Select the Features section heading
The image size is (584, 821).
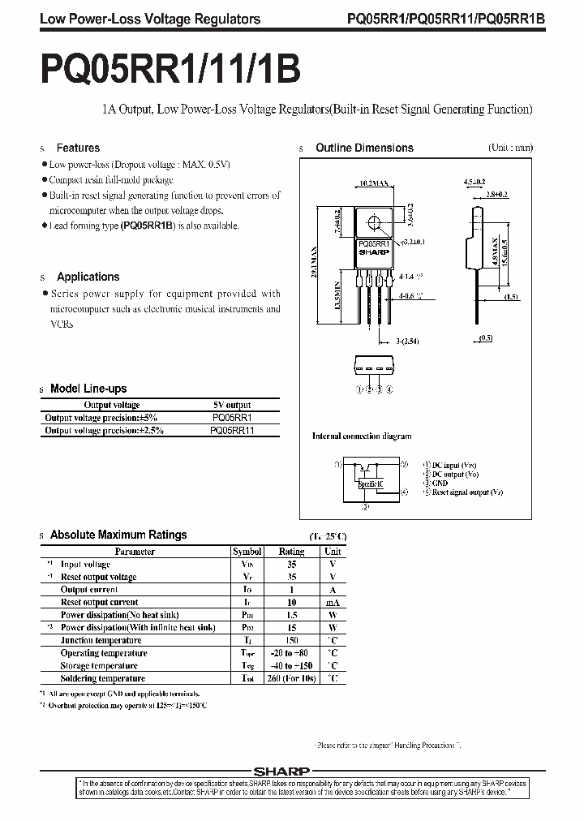click(x=78, y=148)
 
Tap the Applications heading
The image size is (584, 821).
click(x=88, y=277)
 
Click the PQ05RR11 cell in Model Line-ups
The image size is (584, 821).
click(x=232, y=430)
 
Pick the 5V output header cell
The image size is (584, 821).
click(x=232, y=405)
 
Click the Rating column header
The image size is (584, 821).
click(x=292, y=551)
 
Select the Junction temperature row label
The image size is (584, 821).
click(x=101, y=640)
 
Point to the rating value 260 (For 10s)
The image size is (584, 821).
click(x=292, y=678)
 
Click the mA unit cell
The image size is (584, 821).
click(x=333, y=603)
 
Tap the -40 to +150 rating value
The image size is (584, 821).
click(x=292, y=665)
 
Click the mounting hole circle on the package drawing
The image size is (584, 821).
click(x=375, y=221)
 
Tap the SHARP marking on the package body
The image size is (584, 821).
click(x=374, y=251)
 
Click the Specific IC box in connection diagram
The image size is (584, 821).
click(x=370, y=484)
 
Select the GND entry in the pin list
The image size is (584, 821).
click(x=442, y=483)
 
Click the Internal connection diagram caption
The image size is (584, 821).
click(x=363, y=436)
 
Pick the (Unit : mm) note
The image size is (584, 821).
click(x=510, y=148)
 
